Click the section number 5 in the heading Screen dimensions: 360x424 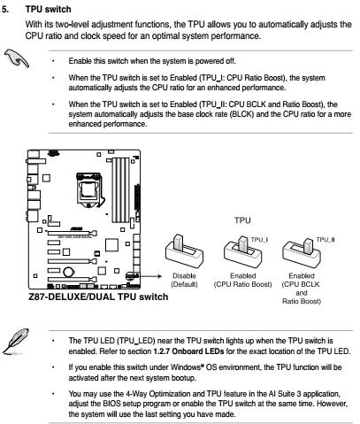point(5,9)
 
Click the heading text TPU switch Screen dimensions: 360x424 point(49,9)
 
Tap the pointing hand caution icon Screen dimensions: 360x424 point(17,58)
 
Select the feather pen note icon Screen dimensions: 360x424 point(16,341)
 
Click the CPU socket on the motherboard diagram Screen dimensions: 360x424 point(88,189)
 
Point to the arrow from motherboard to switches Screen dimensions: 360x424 point(145,276)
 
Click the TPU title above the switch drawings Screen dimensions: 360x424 point(242,220)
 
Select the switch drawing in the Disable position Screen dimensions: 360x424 point(184,251)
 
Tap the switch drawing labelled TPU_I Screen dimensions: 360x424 point(242,251)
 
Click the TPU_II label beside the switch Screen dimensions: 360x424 point(326,240)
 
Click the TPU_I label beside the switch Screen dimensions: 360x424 point(259,240)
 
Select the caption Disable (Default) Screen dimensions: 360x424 point(184,280)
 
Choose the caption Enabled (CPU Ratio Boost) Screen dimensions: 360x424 point(242,280)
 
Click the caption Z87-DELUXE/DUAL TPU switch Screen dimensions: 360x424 point(98,297)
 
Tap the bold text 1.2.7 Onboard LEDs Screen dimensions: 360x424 point(188,351)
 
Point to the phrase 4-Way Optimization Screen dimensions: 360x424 point(158,394)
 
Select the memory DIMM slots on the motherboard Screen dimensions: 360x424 point(120,190)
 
